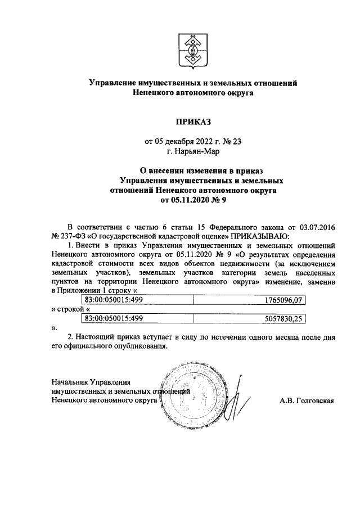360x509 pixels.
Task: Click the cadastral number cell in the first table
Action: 112,300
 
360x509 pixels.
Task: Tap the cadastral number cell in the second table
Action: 112,318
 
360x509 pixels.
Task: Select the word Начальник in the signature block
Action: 70,382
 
